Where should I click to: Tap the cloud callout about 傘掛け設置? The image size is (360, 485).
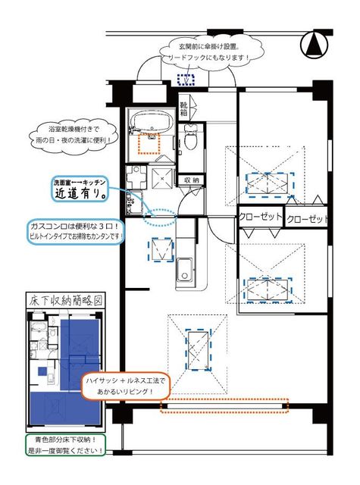pos(214,52)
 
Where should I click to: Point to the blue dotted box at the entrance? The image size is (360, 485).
pos(185,80)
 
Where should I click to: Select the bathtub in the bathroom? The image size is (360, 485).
pos(154,122)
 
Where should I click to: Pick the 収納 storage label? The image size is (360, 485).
pos(192,180)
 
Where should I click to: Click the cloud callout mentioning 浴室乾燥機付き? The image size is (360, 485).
pos(83,135)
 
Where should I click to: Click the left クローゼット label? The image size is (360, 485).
pos(259,217)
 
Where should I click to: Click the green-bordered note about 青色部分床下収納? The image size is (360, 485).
pos(64,445)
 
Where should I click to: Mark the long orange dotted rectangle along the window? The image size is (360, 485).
pos(225,407)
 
